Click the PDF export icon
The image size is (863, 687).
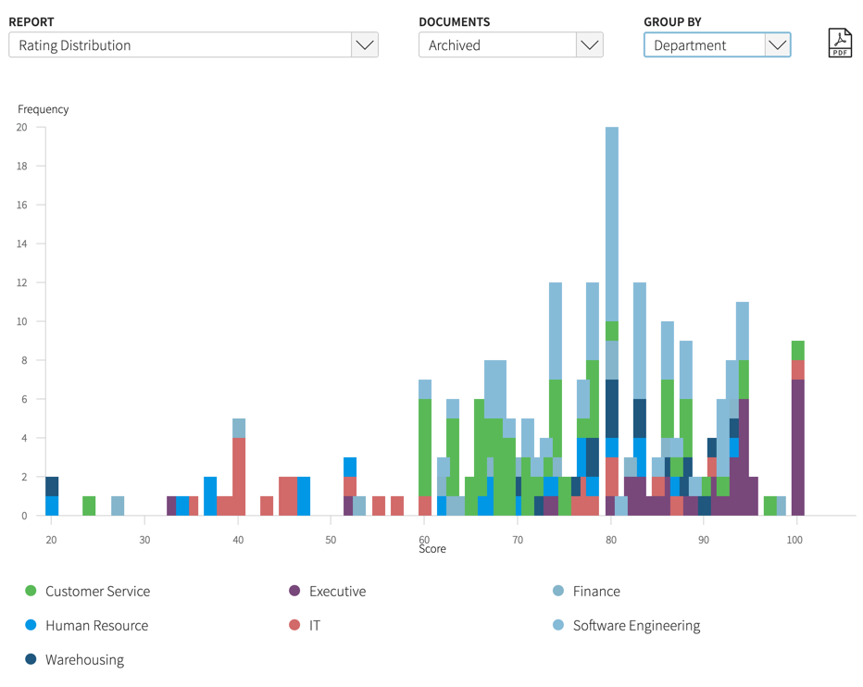click(839, 44)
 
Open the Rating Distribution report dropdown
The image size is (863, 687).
click(193, 44)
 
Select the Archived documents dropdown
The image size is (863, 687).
click(510, 44)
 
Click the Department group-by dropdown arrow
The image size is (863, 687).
click(777, 44)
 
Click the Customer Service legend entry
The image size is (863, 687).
click(96, 591)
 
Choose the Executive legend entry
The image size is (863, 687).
click(337, 591)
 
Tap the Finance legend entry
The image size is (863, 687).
click(595, 591)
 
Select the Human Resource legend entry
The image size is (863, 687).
click(95, 625)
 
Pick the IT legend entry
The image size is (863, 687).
click(314, 625)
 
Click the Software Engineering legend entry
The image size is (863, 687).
click(635, 625)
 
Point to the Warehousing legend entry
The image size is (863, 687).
click(83, 659)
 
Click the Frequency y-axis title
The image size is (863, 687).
click(43, 109)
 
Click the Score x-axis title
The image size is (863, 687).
click(431, 549)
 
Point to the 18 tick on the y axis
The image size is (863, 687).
click(21, 167)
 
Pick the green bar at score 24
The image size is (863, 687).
click(89, 506)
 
